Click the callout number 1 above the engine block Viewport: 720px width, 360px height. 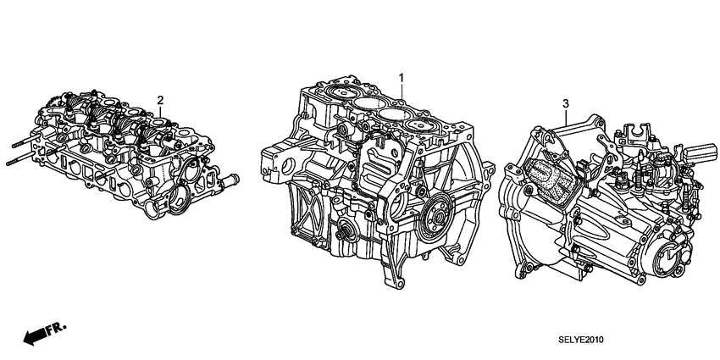[402, 77]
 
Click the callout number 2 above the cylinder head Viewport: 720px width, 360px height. [159, 100]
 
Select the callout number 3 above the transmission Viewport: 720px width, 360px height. [565, 104]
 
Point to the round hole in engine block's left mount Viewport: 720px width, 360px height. [281, 161]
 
